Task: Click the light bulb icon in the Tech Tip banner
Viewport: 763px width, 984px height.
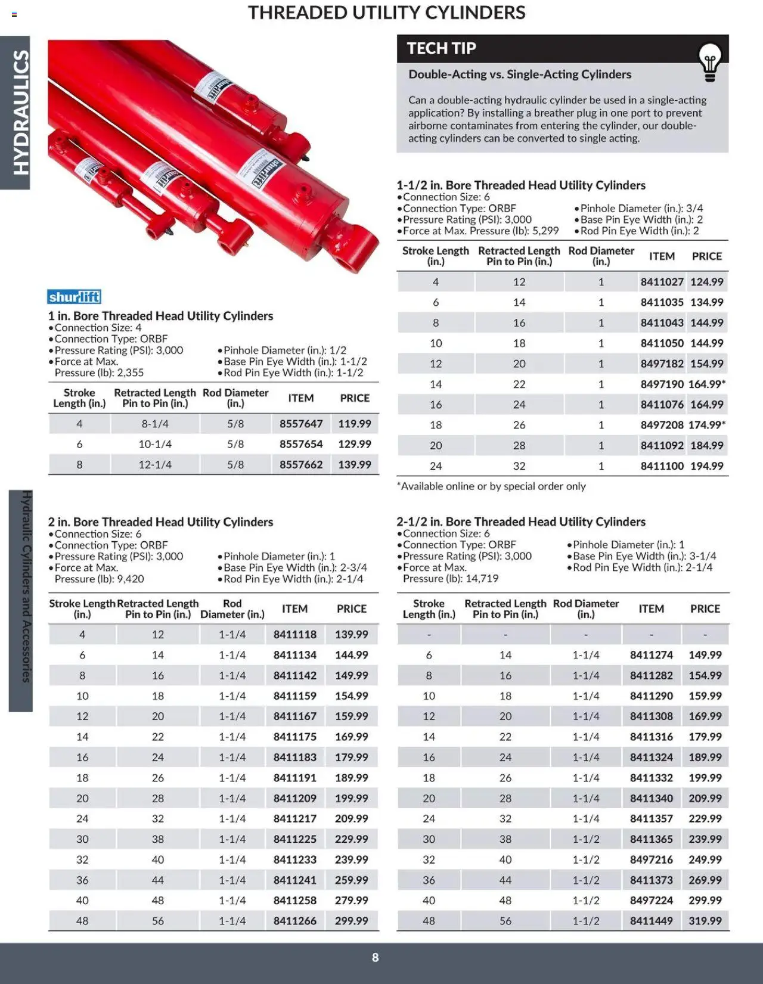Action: point(709,62)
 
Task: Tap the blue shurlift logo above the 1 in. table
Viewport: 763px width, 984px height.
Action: point(74,297)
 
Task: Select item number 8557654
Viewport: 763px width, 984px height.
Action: point(301,444)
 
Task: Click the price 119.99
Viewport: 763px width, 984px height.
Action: point(355,424)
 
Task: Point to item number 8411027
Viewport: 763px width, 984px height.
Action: point(662,282)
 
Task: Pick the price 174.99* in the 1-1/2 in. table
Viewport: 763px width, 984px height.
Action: point(706,425)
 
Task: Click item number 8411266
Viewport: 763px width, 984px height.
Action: point(294,921)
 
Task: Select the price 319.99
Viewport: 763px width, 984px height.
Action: point(705,921)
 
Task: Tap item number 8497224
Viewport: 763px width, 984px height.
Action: point(651,901)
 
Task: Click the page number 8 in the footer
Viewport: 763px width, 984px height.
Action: point(375,958)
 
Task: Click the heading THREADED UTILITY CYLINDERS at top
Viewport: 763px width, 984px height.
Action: point(386,13)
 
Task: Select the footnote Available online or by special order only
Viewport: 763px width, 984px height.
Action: point(491,486)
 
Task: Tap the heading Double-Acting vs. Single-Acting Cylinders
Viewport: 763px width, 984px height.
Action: point(519,75)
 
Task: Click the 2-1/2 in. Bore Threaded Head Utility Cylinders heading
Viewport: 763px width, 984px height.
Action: point(520,522)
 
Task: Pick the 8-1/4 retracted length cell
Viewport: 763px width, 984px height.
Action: point(155,424)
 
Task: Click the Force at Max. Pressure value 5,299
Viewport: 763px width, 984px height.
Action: point(545,231)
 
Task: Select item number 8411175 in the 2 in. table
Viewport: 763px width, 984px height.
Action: point(294,737)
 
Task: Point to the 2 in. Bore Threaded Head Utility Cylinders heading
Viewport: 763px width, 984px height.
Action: point(160,522)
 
